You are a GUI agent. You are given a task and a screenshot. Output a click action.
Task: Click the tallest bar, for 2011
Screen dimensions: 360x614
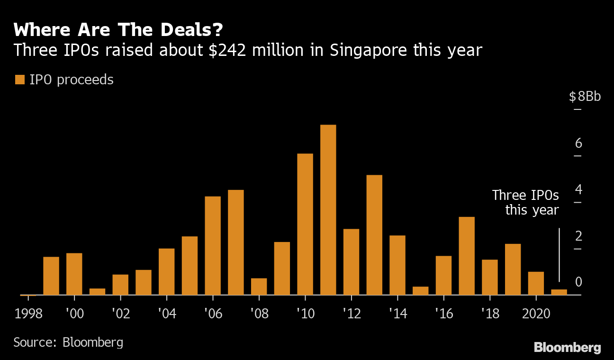(x=328, y=210)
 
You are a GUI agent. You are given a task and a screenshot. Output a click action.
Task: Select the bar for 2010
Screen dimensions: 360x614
(x=305, y=224)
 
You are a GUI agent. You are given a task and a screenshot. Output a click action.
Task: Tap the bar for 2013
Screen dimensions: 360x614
(x=374, y=235)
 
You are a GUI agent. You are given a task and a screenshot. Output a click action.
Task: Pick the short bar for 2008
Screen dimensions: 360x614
(x=259, y=287)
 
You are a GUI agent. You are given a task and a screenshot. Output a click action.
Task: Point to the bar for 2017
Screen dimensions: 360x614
(x=467, y=256)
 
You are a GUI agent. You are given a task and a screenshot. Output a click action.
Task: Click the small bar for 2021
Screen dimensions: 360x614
(x=559, y=292)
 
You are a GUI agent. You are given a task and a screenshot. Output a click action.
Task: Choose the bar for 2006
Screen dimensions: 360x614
(x=213, y=245)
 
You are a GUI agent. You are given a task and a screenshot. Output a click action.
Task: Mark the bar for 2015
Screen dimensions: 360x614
(x=420, y=291)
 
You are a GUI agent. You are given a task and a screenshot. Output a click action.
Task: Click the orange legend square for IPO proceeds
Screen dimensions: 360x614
(x=19, y=80)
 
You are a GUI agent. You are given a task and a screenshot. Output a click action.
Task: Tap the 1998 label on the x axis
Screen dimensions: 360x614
(x=28, y=314)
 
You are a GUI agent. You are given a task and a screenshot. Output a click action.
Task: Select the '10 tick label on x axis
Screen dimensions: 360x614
(x=305, y=314)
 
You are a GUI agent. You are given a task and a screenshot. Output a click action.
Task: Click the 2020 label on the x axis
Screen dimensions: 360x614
(x=536, y=314)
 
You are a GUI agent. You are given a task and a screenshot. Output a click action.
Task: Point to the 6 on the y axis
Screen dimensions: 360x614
(x=578, y=144)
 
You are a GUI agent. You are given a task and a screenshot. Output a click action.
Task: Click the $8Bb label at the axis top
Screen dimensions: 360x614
(x=584, y=97)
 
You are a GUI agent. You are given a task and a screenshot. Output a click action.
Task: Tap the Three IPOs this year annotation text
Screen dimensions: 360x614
(x=525, y=202)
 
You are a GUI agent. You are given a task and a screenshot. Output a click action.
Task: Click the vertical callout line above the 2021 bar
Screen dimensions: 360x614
(x=560, y=255)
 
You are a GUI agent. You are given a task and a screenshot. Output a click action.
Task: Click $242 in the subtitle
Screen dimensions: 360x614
(x=225, y=50)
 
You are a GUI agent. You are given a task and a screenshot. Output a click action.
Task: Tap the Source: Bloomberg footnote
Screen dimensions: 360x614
(x=68, y=342)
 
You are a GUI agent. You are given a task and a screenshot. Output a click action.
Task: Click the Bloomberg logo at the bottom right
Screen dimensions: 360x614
(x=567, y=347)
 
